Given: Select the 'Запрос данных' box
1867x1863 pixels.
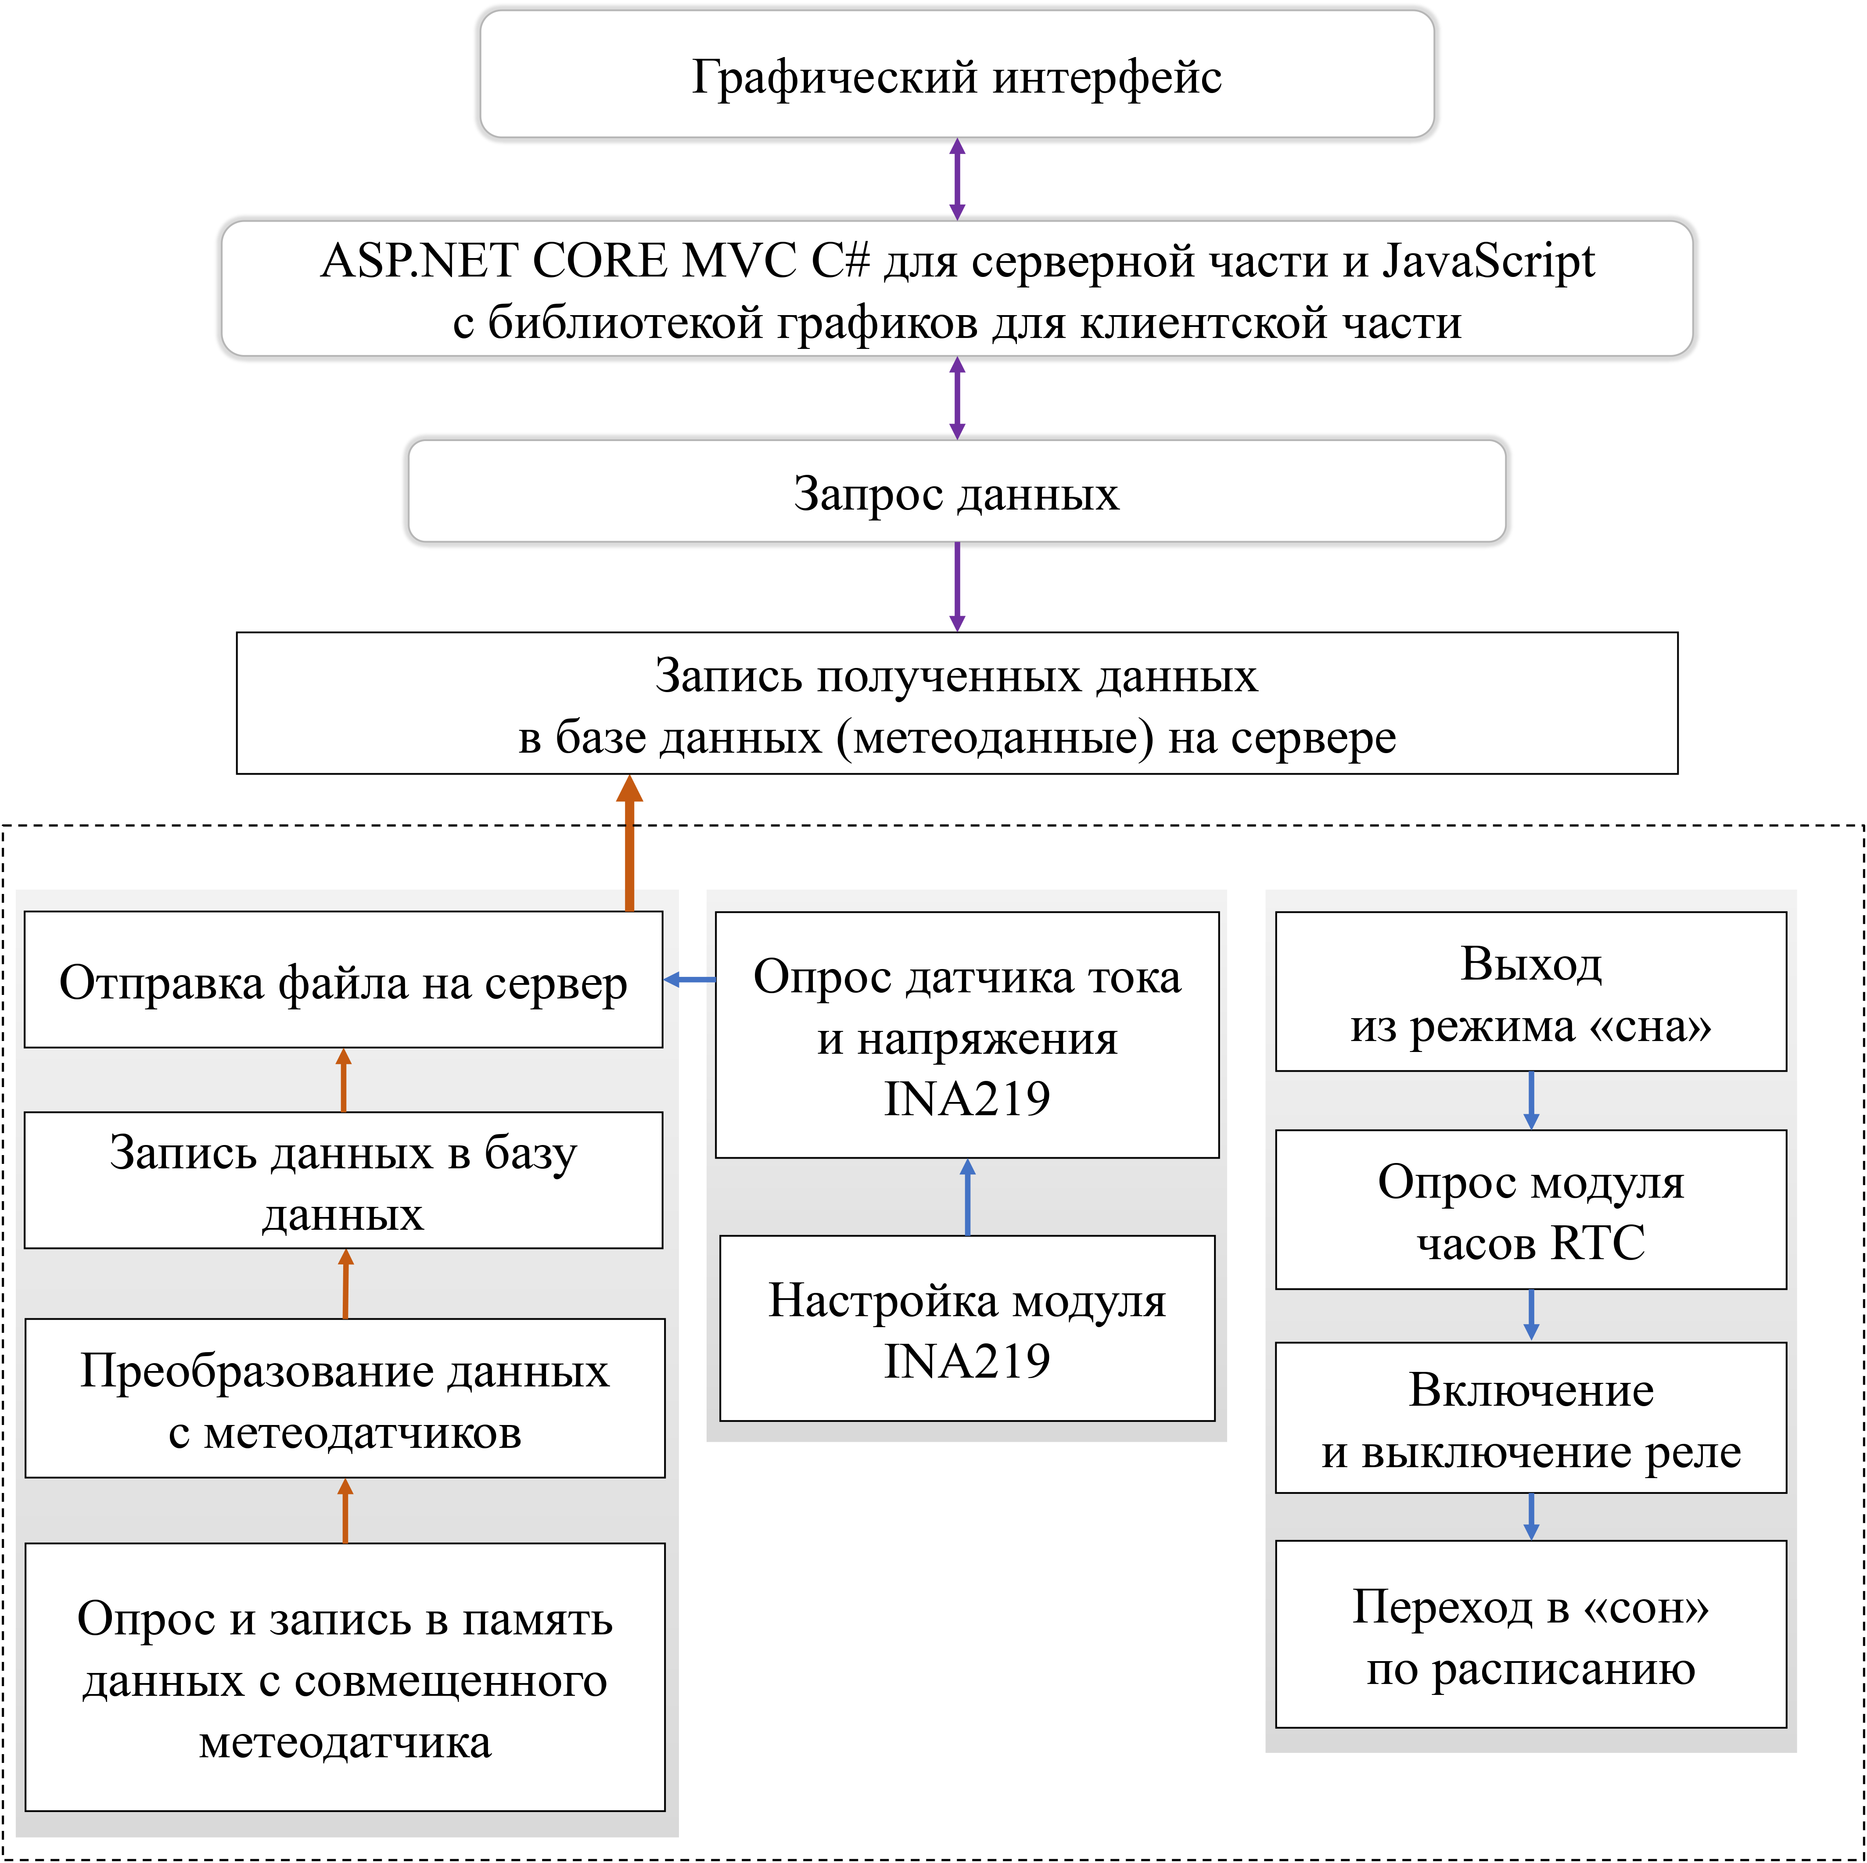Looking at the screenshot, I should [957, 492].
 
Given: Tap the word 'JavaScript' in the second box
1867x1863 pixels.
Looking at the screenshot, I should [1488, 261].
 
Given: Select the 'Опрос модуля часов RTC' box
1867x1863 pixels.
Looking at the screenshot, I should [1531, 1210].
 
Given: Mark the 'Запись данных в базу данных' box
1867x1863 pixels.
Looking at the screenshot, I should [343, 1181].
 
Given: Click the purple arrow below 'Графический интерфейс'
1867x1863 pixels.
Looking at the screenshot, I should [957, 179].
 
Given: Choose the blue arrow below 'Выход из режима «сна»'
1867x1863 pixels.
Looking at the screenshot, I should [1531, 1100].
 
